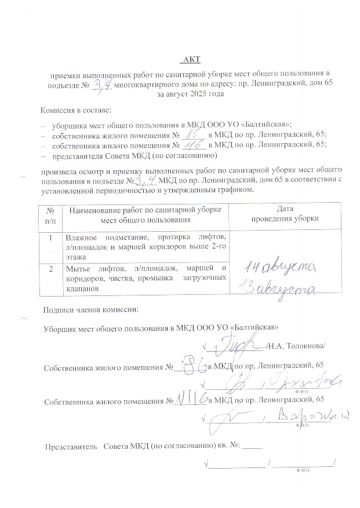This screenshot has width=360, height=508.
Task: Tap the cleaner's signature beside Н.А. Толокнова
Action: point(236,343)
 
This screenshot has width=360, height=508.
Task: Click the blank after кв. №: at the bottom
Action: point(254,447)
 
